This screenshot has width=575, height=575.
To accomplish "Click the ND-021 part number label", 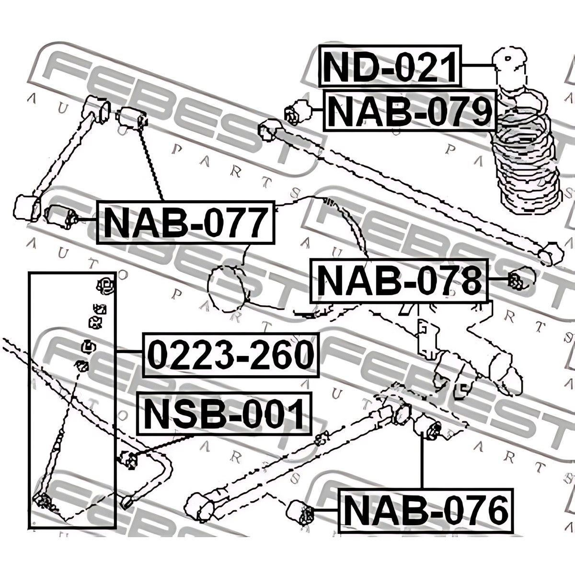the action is pos(390,66).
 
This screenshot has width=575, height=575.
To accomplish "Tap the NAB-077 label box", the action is pos(185,222).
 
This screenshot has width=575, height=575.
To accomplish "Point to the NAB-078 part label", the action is pos(399,281).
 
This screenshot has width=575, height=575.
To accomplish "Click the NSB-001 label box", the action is pos(224,413).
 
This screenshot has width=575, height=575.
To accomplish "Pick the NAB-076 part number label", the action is pos(426,512).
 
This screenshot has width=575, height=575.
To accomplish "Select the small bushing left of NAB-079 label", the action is pos(299,112).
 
